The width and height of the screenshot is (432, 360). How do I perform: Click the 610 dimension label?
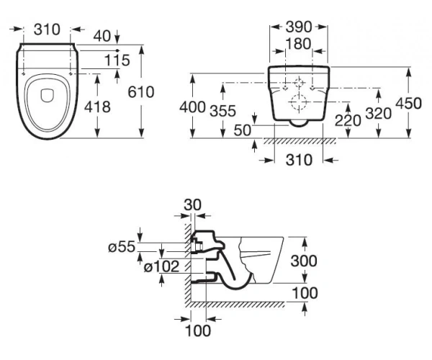(141, 92)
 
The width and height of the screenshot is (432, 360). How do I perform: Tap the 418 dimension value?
(97, 107)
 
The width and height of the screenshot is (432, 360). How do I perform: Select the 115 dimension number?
(117, 60)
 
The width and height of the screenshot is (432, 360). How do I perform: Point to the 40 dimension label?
(102, 36)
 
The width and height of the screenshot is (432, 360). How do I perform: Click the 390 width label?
(299, 27)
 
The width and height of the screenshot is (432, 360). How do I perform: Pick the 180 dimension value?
(299, 44)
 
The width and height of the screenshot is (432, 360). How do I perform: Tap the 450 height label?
(408, 104)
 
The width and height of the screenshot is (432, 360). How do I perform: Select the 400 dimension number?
(192, 107)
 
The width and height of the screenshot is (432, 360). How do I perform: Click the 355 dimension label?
(223, 111)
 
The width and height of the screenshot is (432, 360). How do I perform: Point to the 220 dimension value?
(348, 121)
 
